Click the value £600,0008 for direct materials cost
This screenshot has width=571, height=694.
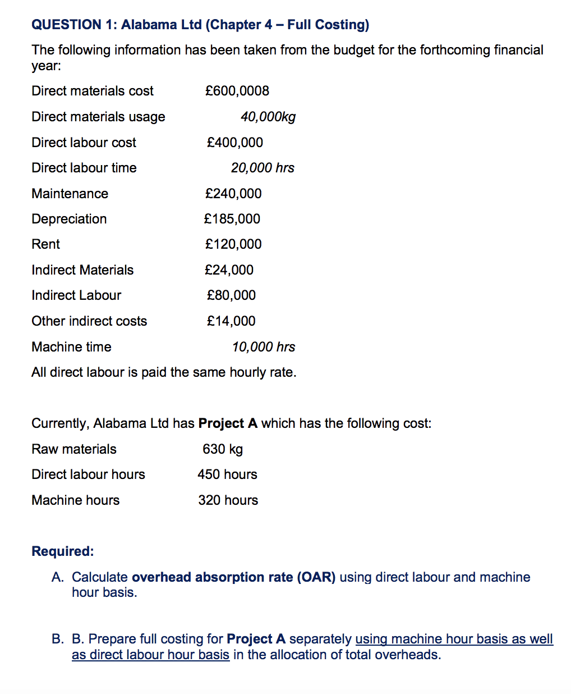[237, 91]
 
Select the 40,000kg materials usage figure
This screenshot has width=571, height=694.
[268, 117]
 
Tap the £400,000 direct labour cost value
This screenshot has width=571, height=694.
[234, 143]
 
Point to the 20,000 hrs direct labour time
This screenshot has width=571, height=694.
[263, 168]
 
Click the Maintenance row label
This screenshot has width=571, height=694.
[70, 194]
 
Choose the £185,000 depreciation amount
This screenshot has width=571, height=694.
[232, 219]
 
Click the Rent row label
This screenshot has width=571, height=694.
[46, 244]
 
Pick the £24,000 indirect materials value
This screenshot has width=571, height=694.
[229, 270]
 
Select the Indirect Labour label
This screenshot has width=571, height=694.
[76, 295]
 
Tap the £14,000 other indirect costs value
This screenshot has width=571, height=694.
[231, 321]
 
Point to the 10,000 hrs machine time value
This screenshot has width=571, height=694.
[264, 347]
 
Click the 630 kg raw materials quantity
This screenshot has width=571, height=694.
[223, 449]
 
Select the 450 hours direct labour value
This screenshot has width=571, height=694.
[227, 474]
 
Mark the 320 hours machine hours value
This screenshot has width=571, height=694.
[228, 500]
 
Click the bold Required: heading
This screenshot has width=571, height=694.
[63, 551]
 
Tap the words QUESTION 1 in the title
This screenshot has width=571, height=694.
[74, 25]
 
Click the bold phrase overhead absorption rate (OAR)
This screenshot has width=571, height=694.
[233, 577]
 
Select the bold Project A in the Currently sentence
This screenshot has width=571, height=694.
[228, 423]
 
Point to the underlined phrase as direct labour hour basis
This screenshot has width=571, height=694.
[150, 655]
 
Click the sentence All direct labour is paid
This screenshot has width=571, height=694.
[164, 372]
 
